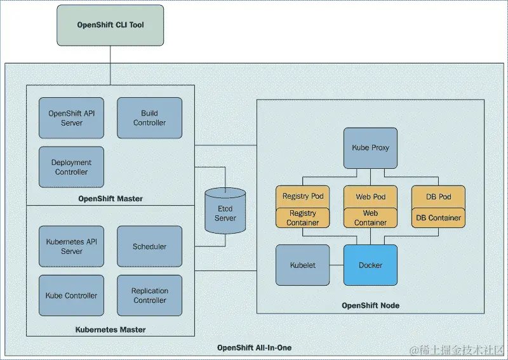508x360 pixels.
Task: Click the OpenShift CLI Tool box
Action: (110, 25)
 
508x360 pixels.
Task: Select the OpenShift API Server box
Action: (71, 118)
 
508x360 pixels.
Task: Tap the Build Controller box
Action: (149, 118)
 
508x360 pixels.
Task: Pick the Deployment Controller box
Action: (71, 167)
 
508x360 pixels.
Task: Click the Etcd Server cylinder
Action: (225, 213)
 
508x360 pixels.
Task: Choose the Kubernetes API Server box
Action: (71, 246)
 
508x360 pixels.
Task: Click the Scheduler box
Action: (149, 246)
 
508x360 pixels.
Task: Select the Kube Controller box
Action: (71, 295)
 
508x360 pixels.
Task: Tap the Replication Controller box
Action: (149, 295)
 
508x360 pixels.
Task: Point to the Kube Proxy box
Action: (370, 148)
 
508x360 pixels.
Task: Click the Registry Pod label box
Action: (303, 196)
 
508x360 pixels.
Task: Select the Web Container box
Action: (370, 218)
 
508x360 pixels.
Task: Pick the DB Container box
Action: (438, 218)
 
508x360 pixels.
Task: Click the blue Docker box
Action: (370, 265)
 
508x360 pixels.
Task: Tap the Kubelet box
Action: (303, 265)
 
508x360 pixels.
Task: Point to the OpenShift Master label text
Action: (110, 199)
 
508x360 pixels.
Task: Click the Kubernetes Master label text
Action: (110, 330)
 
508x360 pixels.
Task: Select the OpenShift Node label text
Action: (370, 305)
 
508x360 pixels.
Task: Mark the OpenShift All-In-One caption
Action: (254, 348)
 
